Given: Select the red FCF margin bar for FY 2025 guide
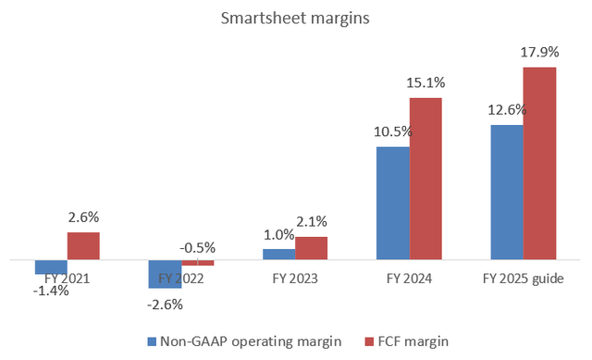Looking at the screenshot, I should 540,164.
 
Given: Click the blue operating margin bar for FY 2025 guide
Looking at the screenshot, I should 507,192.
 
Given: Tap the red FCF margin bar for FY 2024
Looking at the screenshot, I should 425,179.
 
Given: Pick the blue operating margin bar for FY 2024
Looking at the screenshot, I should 392,204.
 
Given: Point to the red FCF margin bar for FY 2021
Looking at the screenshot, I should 83,246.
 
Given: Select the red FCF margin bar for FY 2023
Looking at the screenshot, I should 312,249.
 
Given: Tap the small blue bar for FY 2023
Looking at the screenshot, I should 278,254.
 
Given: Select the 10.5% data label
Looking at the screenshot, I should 392,132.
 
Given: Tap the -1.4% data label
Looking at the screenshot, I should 50,292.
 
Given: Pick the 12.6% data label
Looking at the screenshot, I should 506,110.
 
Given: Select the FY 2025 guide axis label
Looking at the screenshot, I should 524,277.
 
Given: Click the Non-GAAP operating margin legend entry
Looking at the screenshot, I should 245,341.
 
